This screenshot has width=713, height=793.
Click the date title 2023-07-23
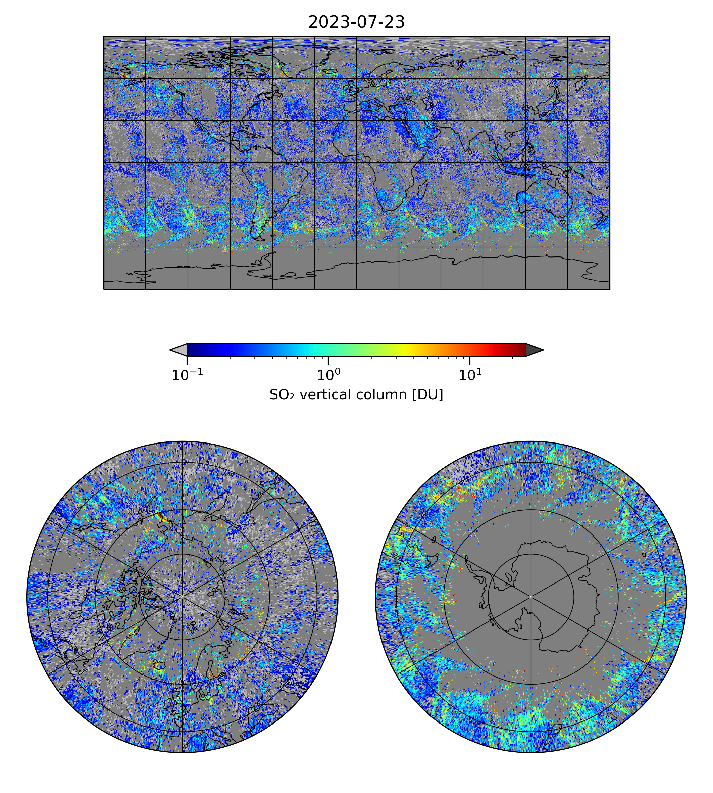[356, 22]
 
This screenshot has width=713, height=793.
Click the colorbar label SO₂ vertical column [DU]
[356, 395]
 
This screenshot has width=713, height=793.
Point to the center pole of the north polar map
[182, 597]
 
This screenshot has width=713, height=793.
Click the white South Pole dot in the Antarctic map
[531, 597]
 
